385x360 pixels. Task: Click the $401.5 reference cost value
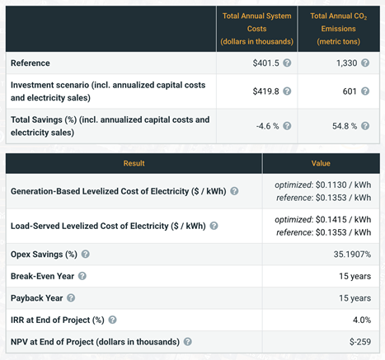click(265, 63)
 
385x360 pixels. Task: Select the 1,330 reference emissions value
click(347, 63)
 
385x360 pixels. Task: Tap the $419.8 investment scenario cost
click(265, 91)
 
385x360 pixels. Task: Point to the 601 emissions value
click(350, 91)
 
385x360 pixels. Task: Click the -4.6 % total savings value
click(267, 126)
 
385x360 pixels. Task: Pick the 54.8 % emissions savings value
click(345, 126)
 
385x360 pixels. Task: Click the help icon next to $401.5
click(287, 63)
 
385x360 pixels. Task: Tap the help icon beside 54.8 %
click(365, 126)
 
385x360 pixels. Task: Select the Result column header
click(134, 163)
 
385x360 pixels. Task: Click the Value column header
click(321, 163)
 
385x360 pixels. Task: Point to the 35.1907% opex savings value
click(352, 255)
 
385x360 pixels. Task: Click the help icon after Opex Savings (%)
click(86, 254)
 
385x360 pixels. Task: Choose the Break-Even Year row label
click(42, 276)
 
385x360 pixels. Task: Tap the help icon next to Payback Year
click(71, 298)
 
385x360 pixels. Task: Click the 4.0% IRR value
click(362, 320)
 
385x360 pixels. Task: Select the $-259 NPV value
click(360, 342)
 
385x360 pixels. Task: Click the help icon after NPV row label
click(188, 342)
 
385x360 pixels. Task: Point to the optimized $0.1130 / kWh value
click(323, 185)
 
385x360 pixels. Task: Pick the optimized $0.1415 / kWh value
click(323, 220)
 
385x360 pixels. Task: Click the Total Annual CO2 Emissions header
click(339, 29)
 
